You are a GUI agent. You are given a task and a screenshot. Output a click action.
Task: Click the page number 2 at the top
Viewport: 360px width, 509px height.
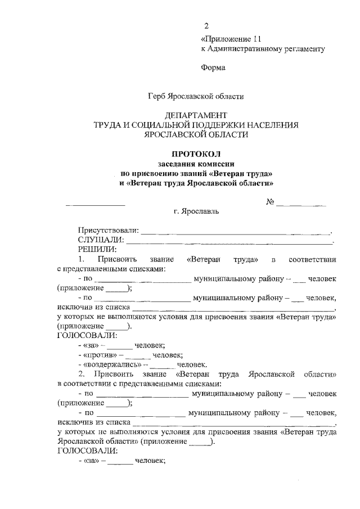[206, 26]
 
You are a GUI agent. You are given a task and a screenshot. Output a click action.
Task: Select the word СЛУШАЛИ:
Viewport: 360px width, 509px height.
[101, 240]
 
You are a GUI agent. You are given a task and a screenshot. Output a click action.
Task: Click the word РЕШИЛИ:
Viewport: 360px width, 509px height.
[97, 249]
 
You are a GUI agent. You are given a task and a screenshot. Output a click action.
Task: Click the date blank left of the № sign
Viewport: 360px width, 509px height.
[95, 205]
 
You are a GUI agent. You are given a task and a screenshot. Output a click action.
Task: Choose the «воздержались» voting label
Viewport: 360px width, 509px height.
[110, 364]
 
